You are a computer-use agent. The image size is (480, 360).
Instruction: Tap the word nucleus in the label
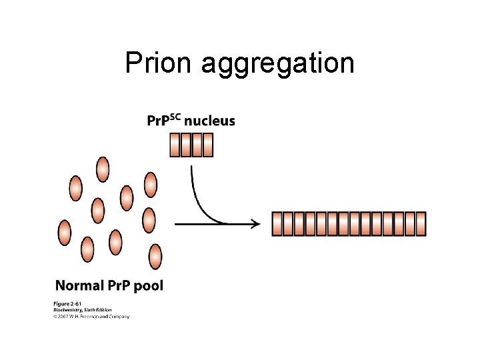pos(209,121)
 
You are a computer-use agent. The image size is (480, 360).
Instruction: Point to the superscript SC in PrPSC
pos(174,117)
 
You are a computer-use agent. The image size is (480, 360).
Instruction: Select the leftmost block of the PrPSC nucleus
pos(175,145)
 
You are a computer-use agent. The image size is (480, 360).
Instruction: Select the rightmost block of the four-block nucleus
pos(207,145)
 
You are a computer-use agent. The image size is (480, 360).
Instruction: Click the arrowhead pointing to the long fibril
pos(255,224)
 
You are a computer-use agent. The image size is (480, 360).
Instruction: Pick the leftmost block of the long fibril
pos(277,224)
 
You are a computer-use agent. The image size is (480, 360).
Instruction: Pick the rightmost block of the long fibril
pos(420,224)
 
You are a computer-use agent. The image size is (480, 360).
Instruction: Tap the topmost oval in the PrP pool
pos(102,169)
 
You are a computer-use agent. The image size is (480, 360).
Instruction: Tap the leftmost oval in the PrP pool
pos(64,233)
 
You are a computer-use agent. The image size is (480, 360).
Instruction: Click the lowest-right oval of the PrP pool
pos(155,256)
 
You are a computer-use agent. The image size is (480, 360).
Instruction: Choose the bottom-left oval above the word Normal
pos(87,249)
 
